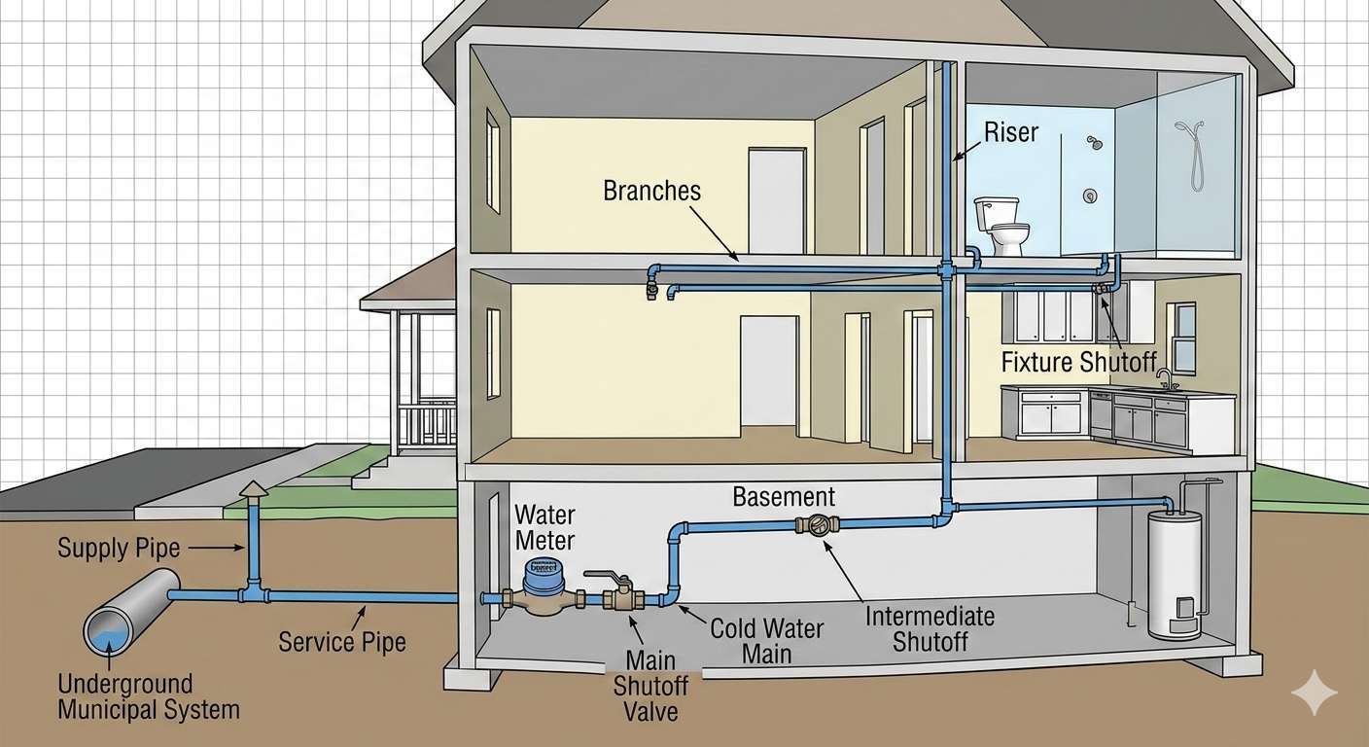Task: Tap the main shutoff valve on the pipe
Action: tap(617, 596)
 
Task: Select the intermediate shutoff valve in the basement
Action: tap(818, 525)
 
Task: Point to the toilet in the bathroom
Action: tap(1002, 226)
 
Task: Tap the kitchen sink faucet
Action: tap(1164, 378)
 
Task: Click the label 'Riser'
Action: tap(1011, 132)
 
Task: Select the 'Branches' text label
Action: tap(651, 190)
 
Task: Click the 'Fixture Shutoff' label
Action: tap(1079, 363)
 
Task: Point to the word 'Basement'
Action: tap(784, 496)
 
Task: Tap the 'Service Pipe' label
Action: tap(341, 641)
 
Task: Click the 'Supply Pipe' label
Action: tap(119, 548)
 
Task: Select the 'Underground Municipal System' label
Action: tap(148, 695)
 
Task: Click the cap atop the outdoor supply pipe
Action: tap(254, 488)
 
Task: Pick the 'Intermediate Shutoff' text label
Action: tap(930, 627)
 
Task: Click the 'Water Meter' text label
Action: tap(544, 526)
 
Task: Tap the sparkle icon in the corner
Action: tap(1314, 693)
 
